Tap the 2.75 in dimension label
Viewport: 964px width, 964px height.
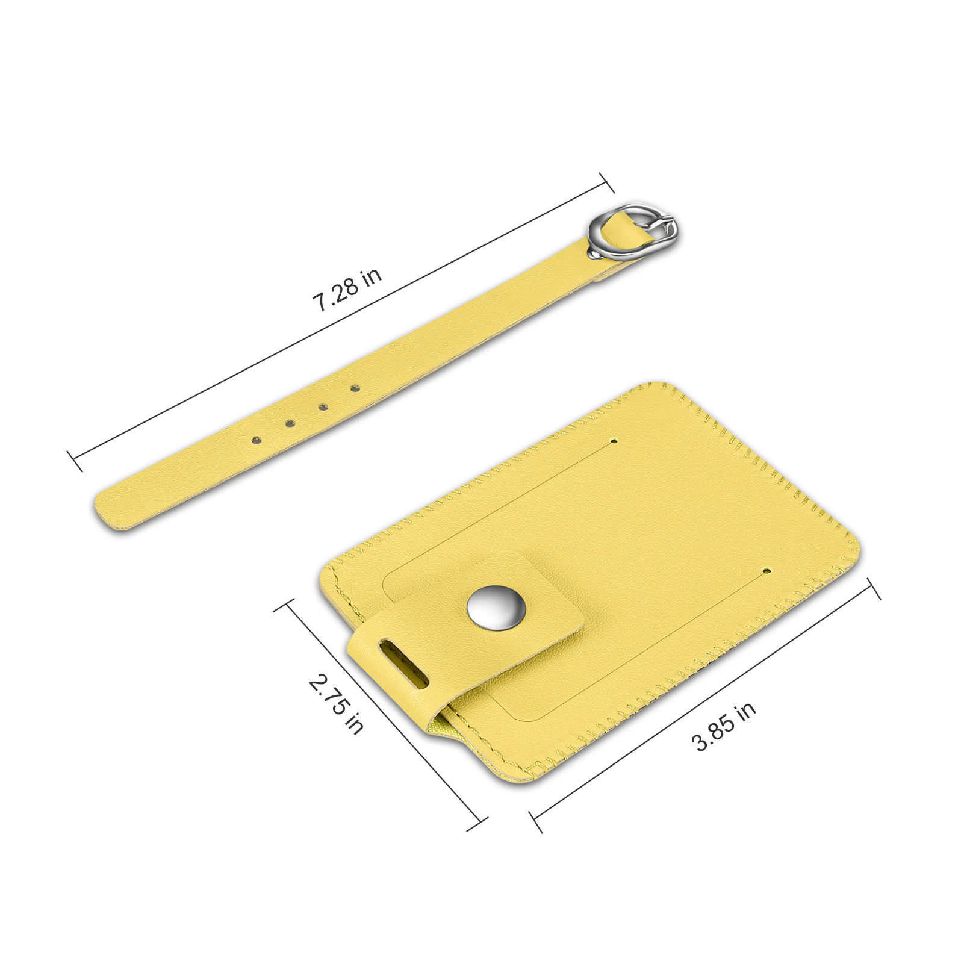(336, 704)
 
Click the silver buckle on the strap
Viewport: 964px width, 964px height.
(632, 232)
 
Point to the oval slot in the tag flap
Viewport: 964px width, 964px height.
(403, 665)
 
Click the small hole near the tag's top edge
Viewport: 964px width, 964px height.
(614, 441)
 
